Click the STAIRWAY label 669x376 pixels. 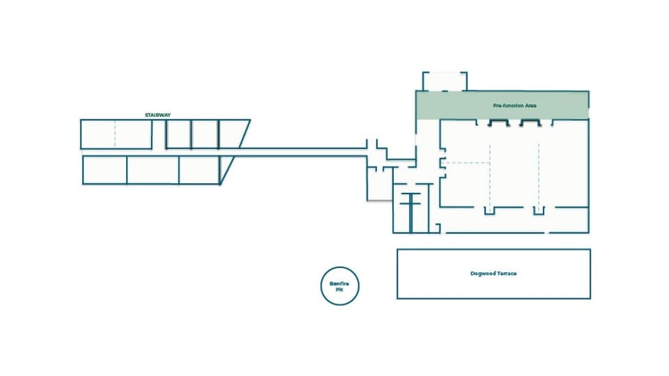click(157, 114)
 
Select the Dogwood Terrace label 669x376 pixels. click(493, 274)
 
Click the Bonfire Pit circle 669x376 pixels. click(340, 285)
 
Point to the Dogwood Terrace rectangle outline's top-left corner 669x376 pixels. click(398, 250)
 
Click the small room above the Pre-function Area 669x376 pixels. click(445, 81)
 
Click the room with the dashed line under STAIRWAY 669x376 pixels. click(116, 134)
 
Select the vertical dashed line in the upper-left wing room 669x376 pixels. click(114, 134)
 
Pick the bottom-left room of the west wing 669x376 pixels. click(105, 170)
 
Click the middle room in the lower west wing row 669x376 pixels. click(153, 170)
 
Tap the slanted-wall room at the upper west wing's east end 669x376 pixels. click(232, 134)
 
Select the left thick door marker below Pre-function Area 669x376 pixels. click(498, 124)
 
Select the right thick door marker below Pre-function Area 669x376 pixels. click(530, 124)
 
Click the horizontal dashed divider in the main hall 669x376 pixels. click(467, 163)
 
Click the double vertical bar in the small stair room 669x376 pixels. click(411, 212)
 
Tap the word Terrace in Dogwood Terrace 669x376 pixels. click(506, 274)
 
